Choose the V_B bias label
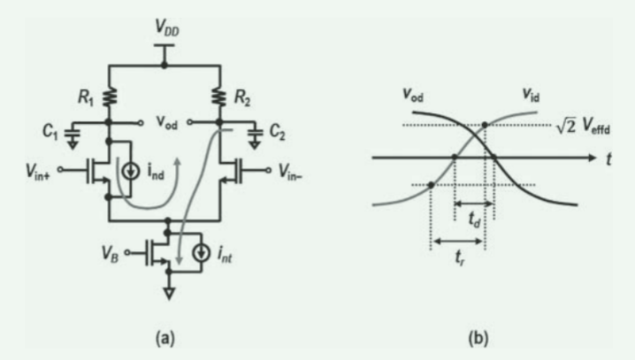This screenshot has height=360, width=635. (111, 250)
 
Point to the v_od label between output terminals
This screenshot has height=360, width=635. (164, 124)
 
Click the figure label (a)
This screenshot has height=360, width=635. (165, 338)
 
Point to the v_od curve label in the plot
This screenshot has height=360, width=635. (411, 94)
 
